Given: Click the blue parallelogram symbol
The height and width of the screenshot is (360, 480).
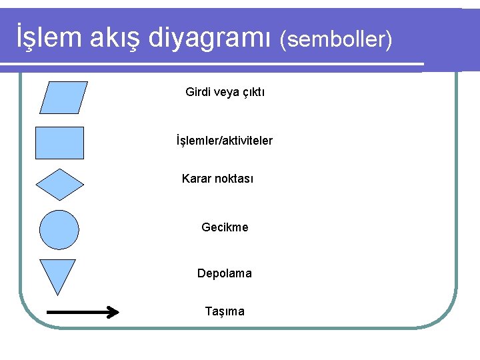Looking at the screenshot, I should [63, 98].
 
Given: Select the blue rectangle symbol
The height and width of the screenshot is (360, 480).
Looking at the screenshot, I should [59, 143].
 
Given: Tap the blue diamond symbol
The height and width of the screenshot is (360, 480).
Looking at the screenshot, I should [59, 185].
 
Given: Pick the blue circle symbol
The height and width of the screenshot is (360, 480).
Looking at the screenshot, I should [59, 229].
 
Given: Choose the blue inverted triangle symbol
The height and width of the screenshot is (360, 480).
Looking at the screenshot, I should [58, 273].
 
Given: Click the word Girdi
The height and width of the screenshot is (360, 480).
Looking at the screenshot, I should [198, 92].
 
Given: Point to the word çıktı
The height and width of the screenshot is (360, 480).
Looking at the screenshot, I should [252, 92].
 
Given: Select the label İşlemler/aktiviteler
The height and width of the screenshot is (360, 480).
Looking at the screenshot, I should [224, 141].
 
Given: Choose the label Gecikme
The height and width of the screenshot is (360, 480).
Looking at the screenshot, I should [225, 227].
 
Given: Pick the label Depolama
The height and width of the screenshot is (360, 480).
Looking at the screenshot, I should [225, 273].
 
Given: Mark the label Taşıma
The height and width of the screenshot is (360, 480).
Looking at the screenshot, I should [225, 311].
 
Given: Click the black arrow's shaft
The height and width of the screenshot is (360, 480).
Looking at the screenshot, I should [77, 311].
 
